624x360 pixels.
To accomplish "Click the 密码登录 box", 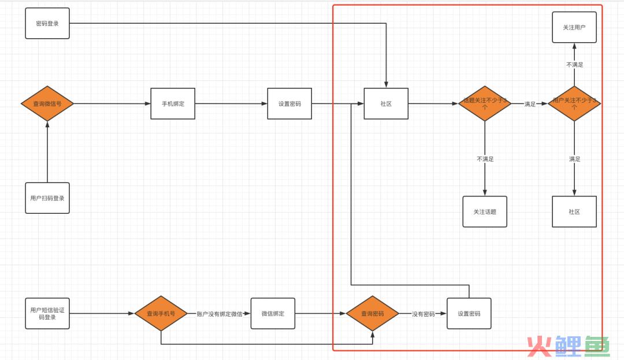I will pos(47,23).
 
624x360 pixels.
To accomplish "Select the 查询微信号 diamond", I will pos(47,104).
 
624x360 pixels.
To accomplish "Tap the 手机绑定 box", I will pos(173,104).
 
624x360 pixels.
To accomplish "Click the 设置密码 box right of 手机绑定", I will pos(289,104).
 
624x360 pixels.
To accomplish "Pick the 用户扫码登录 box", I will pos(47,198).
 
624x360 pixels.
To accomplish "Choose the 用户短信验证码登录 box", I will pos(47,314).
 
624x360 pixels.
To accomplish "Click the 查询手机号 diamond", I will pos(161,314).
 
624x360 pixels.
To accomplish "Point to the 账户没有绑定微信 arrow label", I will pos(220,314).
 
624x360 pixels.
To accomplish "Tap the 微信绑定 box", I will pos(273,314).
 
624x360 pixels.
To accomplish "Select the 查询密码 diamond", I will pos(372,314).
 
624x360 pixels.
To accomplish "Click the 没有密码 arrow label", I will pos(423,314).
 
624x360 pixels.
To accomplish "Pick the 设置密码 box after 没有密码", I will pos(469,314).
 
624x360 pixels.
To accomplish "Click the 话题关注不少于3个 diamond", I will pos(485,104).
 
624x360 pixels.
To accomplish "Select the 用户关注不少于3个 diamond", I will pos(574,104).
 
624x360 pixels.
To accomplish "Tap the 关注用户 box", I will pos(574,27).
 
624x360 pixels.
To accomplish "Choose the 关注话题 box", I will pos(485,211).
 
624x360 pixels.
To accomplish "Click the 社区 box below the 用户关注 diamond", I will pos(574,211).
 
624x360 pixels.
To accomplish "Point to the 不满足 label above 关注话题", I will pos(485,159).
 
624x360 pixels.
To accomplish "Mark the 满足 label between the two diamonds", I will pos(530,104).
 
